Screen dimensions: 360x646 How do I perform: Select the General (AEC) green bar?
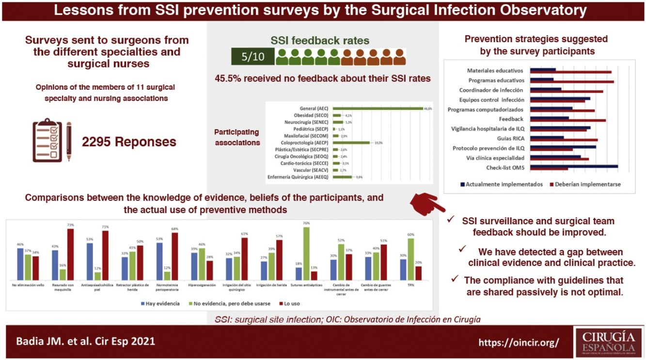pyautogui.click(x=378, y=109)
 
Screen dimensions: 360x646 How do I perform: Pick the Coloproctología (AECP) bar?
pyautogui.click(x=351, y=143)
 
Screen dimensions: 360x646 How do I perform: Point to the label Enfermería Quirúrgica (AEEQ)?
pyautogui.click(x=298, y=177)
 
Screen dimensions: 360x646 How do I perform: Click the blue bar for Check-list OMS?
pyautogui.click(x=574, y=166)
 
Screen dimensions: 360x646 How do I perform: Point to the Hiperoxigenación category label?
pyautogui.click(x=202, y=285)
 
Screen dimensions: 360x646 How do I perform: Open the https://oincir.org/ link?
pyautogui.click(x=519, y=342)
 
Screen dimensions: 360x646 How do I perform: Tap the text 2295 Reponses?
pyautogui.click(x=129, y=142)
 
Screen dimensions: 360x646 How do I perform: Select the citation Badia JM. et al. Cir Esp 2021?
pyautogui.click(x=85, y=341)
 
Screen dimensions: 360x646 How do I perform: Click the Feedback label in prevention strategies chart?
pyautogui.click(x=511, y=119)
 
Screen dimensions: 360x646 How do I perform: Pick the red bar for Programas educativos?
pyautogui.click(x=572, y=82)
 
